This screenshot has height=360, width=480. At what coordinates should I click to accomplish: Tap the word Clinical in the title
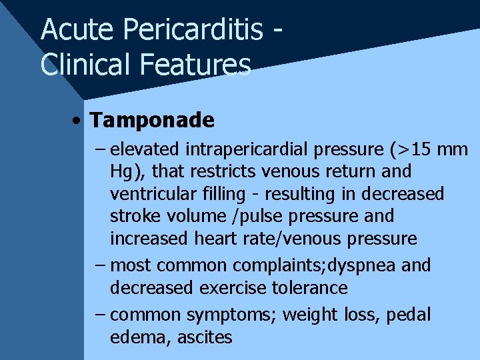tap(84, 65)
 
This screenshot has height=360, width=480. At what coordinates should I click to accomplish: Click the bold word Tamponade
tap(152, 120)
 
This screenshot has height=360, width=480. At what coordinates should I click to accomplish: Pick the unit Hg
tap(121, 172)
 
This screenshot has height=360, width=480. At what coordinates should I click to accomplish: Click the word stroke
tap(131, 216)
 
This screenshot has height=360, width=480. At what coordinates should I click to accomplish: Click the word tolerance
tap(313, 288)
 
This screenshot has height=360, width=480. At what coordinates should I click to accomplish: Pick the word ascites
tap(205, 337)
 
